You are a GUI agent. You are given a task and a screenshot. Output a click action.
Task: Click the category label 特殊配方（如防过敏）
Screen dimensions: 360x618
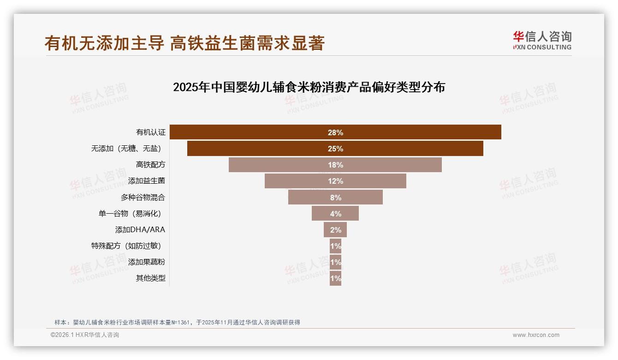click(x=128, y=246)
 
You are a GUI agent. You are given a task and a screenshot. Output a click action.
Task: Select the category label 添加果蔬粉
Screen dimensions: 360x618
click(x=147, y=262)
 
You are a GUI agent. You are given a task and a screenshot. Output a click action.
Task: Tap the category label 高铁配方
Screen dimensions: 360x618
click(x=150, y=165)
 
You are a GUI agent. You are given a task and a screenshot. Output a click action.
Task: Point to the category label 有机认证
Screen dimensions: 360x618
click(x=150, y=132)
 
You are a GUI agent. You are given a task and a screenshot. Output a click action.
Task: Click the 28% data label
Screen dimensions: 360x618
click(x=335, y=132)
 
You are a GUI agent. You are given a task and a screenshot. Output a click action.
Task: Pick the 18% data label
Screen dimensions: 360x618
click(x=335, y=165)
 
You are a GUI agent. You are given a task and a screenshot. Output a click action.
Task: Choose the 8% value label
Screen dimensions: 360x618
click(x=335, y=198)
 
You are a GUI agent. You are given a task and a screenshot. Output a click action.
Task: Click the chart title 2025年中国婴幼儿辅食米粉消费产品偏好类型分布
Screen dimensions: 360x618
click(x=309, y=87)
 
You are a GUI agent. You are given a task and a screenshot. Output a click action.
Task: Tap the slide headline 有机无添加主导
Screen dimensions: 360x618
click(x=104, y=43)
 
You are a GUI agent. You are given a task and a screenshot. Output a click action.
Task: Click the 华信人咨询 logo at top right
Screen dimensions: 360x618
click(x=542, y=40)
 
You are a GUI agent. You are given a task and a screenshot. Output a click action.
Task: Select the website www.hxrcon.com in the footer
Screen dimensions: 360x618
click(x=536, y=335)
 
